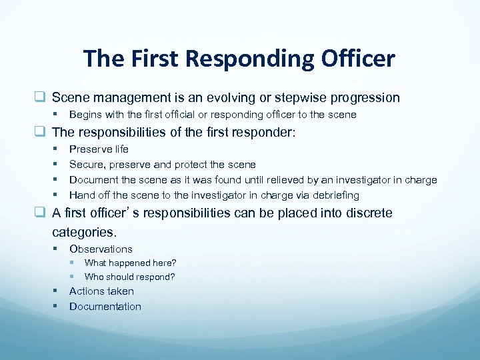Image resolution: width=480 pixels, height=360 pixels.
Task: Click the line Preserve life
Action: [99, 149]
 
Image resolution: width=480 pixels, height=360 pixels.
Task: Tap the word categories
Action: [84, 233]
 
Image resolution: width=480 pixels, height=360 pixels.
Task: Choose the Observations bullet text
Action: [101, 249]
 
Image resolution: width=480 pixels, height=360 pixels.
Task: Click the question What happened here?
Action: [131, 263]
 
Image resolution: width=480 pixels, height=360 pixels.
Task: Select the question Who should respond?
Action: [130, 277]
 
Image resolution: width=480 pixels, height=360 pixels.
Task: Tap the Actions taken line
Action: [101, 291]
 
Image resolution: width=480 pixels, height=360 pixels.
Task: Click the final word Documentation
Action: [105, 307]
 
